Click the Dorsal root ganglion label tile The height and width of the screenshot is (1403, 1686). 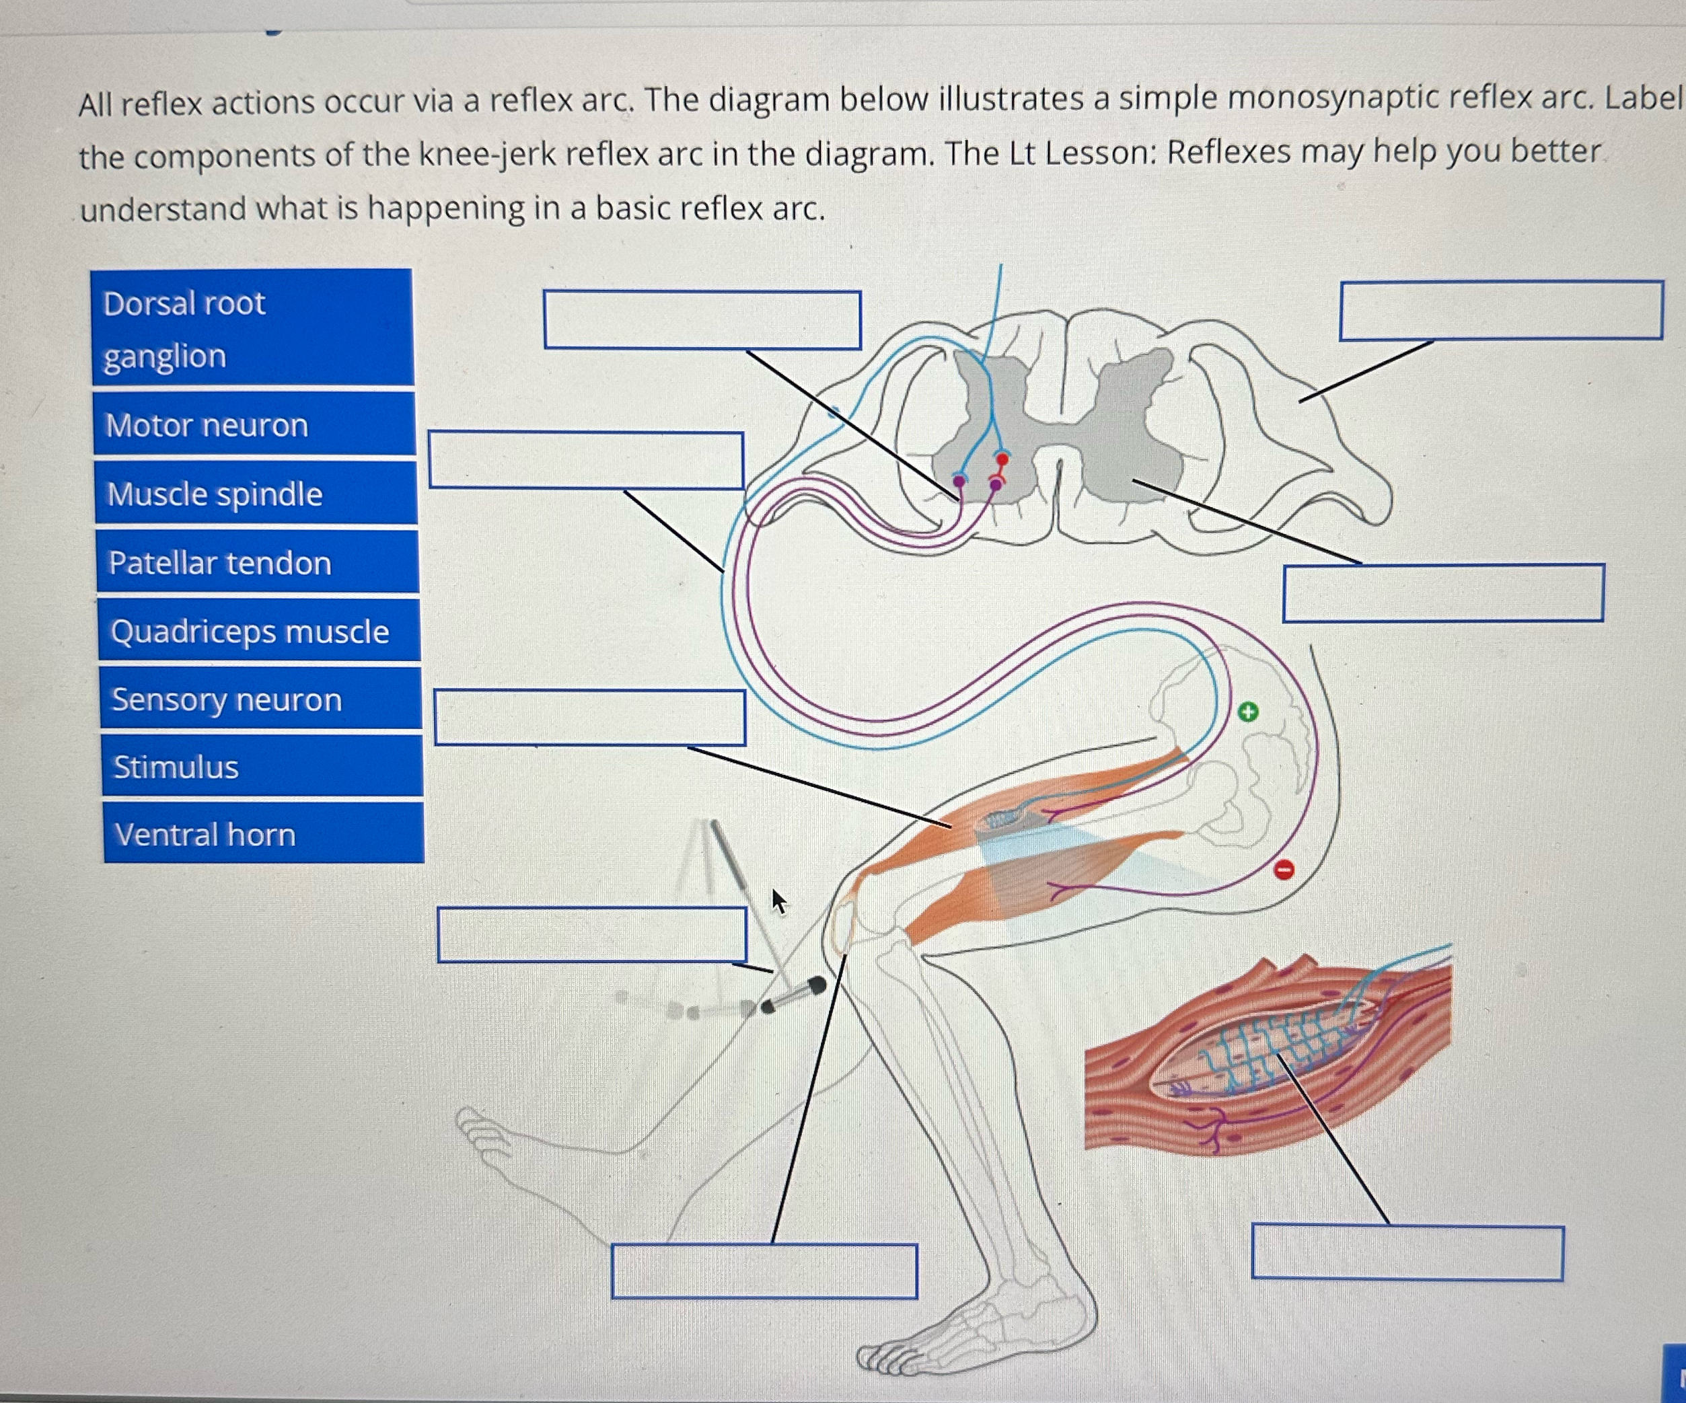point(252,328)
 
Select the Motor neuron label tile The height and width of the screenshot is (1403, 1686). point(254,424)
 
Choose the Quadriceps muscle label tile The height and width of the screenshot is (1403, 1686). point(259,631)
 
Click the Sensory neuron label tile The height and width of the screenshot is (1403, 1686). point(261,699)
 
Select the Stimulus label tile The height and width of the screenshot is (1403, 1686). point(262,767)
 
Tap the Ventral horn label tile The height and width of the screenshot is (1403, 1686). point(263,834)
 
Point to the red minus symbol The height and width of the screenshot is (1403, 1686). point(1284,869)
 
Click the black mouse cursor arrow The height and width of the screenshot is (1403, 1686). point(778,901)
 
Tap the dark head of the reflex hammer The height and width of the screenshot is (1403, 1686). point(815,985)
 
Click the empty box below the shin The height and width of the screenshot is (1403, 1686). point(764,1271)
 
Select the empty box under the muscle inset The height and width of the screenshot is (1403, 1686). point(1407,1252)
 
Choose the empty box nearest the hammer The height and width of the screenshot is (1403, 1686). point(591,934)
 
